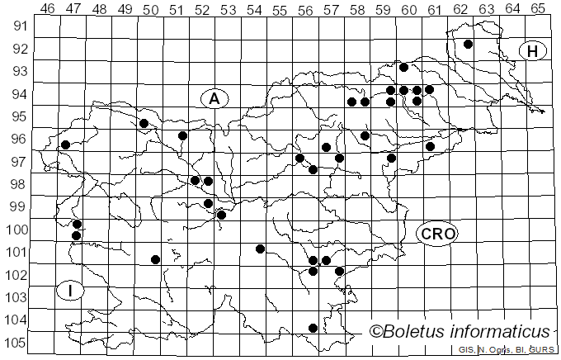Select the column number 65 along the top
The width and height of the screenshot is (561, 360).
point(537,8)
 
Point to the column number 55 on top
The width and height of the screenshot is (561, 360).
point(279,8)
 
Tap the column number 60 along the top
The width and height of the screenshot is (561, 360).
point(408,8)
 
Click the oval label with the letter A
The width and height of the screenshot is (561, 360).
point(214,99)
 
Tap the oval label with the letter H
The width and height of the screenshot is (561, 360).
point(533,51)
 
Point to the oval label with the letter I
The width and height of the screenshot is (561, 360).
point(72,291)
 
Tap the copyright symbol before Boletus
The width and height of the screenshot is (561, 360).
point(377,332)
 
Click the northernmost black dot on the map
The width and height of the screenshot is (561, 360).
point(468,44)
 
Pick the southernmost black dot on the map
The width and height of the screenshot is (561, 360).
point(313,328)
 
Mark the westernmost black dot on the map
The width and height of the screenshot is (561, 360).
point(65,144)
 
